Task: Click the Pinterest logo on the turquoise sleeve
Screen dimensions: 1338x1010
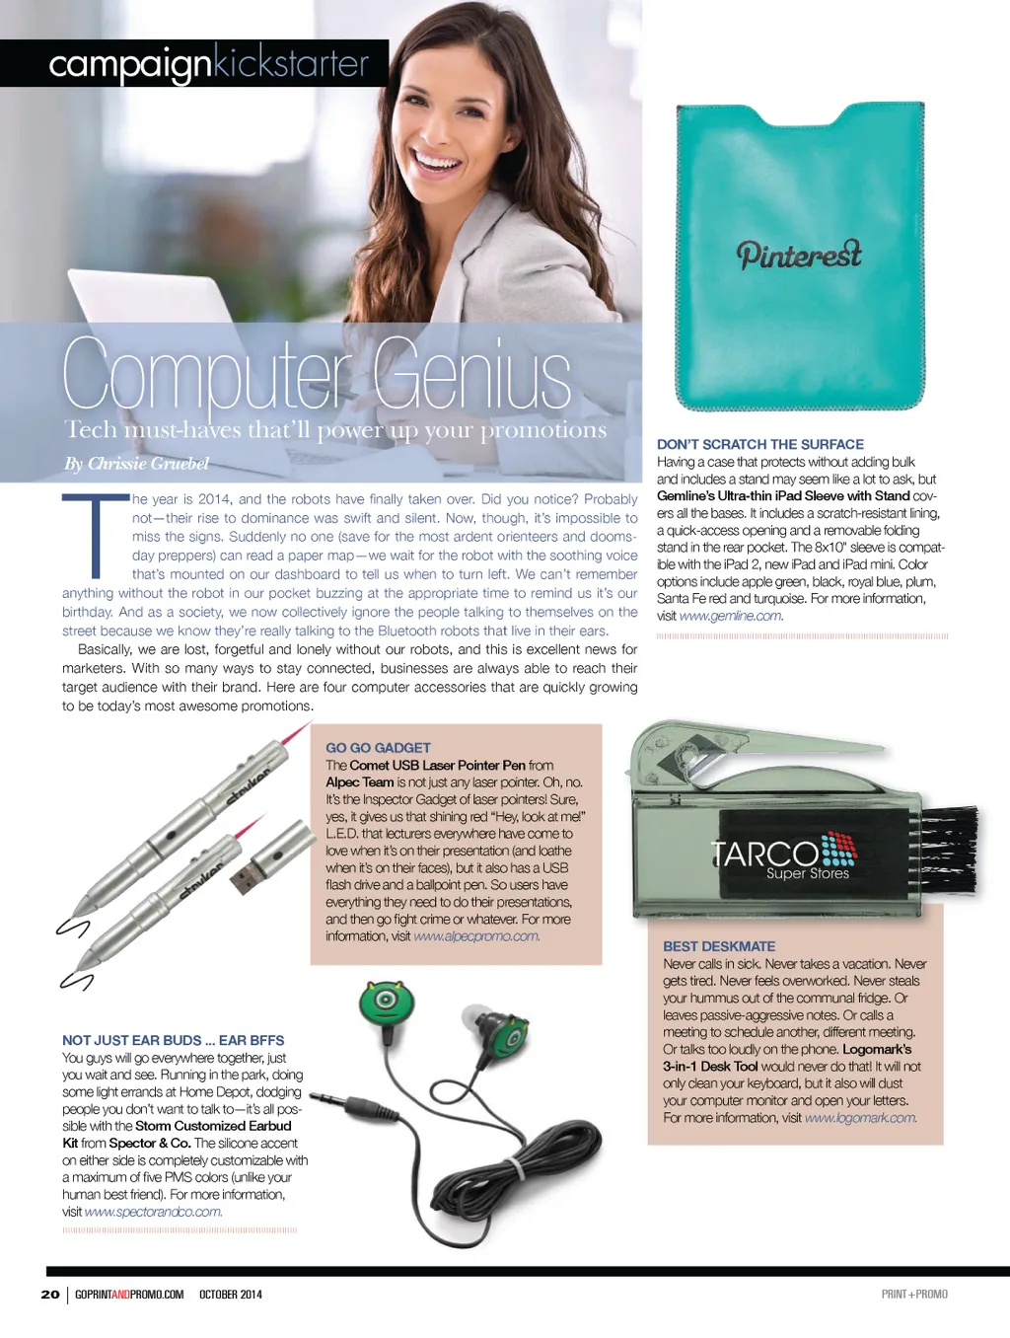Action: (x=799, y=255)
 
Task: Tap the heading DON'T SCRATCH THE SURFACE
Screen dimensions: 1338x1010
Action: (x=760, y=445)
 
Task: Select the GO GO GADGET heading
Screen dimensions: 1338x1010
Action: (x=378, y=748)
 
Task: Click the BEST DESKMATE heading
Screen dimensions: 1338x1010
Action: (x=719, y=946)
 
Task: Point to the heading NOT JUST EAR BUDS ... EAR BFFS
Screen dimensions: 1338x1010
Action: (x=173, y=1040)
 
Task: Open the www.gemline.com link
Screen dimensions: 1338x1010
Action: (x=731, y=616)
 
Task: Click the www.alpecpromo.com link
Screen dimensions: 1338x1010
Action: (x=476, y=936)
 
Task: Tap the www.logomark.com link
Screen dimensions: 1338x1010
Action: (x=860, y=1118)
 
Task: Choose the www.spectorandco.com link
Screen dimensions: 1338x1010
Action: (x=153, y=1212)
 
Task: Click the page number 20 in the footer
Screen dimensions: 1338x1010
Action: (x=50, y=1295)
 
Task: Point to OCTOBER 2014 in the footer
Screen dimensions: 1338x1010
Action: (x=231, y=1295)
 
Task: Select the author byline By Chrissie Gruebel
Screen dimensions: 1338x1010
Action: (x=137, y=464)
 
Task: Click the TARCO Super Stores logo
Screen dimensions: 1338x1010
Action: (x=785, y=855)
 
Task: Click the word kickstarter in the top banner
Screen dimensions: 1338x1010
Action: (x=292, y=64)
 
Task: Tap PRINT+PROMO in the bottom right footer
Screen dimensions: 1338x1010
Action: (x=914, y=1295)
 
